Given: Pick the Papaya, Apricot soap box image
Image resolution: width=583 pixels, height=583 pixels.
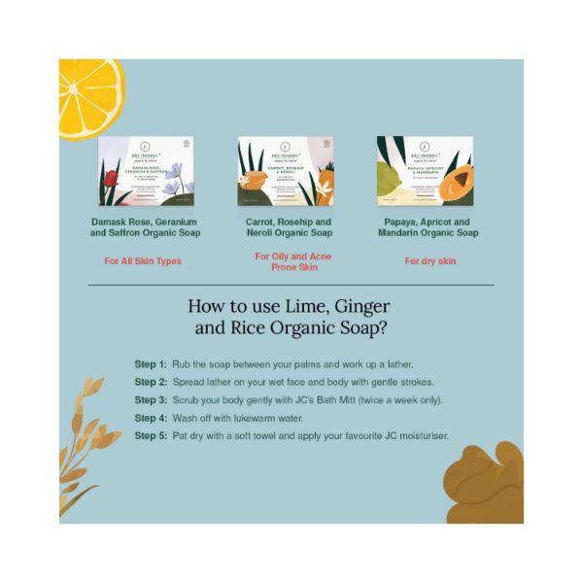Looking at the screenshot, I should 424,171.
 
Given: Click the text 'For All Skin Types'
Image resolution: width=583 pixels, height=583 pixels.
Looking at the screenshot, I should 143,261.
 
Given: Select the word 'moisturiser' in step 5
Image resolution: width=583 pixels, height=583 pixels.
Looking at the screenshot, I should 423,436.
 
